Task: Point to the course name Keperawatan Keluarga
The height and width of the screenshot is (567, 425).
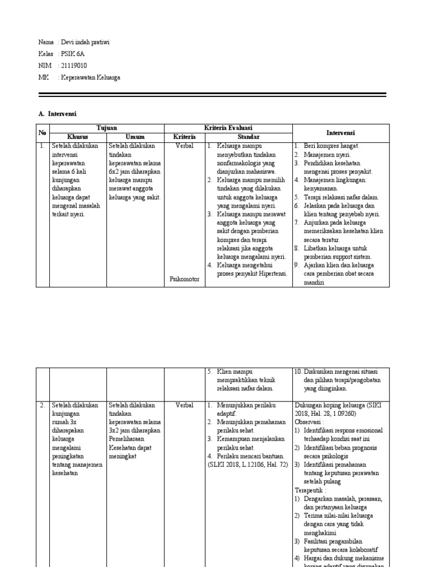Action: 90,78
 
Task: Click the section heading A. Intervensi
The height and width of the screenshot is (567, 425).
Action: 58,114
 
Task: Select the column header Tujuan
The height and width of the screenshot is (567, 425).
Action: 107,128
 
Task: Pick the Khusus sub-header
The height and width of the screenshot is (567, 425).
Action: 77,137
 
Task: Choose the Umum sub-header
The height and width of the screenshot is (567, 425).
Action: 135,137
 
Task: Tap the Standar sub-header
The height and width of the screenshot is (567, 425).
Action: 248,137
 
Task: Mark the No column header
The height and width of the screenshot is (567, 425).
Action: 43,132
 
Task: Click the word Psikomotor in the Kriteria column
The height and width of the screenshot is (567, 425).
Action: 184,280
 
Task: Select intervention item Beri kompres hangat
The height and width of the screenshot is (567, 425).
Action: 331,146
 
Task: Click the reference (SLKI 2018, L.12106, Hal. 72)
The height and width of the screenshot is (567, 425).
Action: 247,465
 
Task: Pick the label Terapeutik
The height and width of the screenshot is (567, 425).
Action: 310,491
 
